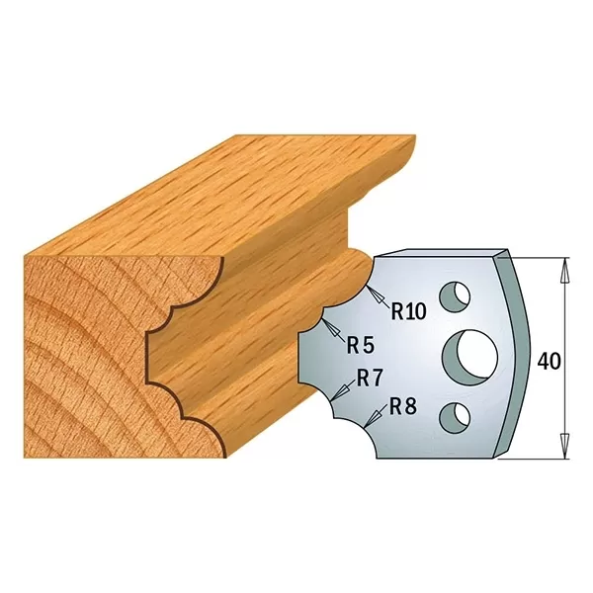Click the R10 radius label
point(407,312)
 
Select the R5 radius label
point(359,345)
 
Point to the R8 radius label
point(401,405)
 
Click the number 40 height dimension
point(550,362)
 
